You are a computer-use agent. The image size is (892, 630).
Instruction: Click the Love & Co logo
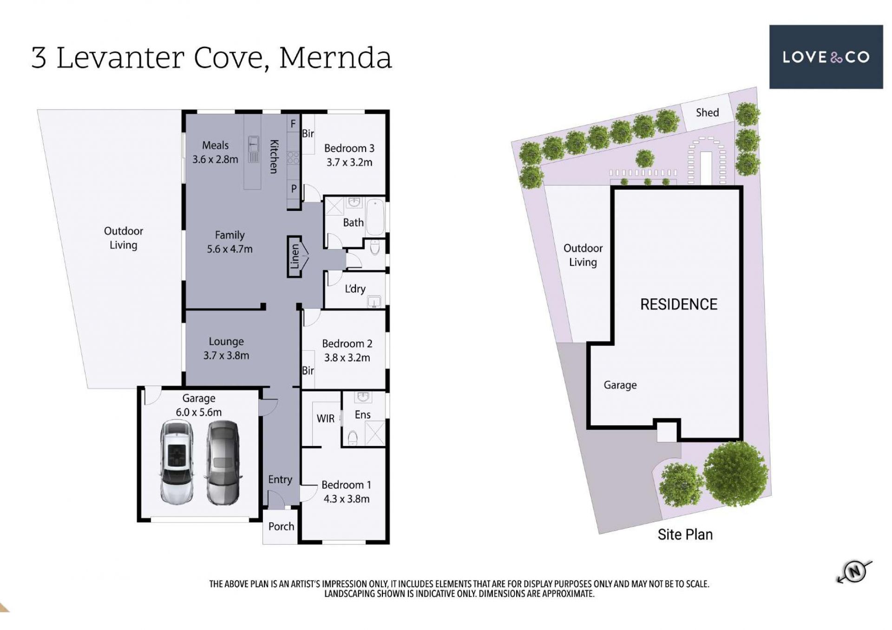coord(826,57)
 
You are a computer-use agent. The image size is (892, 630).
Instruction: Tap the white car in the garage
coord(177,463)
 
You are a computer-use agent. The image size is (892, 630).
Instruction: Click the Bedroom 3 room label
coord(349,148)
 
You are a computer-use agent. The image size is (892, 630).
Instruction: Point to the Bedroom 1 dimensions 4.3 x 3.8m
coord(347,499)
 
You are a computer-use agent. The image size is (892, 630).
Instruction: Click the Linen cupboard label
coord(295,257)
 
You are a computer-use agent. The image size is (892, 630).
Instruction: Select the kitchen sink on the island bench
coord(254,149)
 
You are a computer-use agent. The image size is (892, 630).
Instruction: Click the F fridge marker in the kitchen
coord(293,124)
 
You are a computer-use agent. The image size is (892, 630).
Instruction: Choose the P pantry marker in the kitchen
coord(294,189)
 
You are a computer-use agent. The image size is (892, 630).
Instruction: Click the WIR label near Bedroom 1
coord(325,419)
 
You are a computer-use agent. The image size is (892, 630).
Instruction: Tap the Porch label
coord(281,526)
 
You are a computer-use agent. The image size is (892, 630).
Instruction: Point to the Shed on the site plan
coord(707,113)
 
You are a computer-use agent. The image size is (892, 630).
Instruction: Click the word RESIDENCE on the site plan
coord(679,304)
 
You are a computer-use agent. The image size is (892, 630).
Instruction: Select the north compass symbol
coord(854,571)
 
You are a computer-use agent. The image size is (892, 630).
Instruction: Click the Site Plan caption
coord(685,535)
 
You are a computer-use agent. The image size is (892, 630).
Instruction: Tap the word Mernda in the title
coord(335,58)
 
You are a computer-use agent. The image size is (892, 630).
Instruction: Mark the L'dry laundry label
coord(355,289)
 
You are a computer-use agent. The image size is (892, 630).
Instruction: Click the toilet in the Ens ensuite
coord(353,438)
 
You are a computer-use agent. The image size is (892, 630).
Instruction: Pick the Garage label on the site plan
coord(620,385)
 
